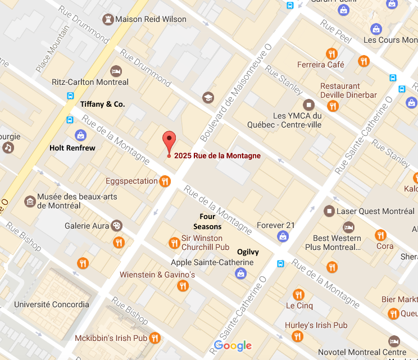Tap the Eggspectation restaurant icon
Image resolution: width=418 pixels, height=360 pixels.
[165, 181]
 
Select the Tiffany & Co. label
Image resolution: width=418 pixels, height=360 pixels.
[102, 104]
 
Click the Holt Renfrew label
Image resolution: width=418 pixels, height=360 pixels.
[72, 148]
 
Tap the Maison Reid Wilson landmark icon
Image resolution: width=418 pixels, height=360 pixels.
[107, 20]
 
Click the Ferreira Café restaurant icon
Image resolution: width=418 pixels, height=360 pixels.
[331, 54]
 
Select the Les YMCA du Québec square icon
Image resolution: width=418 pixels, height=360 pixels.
[308, 104]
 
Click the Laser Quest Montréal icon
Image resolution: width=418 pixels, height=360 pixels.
[329, 211]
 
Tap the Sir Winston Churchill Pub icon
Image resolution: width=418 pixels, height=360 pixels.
[174, 243]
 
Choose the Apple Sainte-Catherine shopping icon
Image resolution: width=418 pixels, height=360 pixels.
[240, 274]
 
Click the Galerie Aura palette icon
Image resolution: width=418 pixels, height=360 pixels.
[117, 226]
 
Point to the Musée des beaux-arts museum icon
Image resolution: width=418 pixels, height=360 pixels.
[29, 201]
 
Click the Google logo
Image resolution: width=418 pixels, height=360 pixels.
[233, 346]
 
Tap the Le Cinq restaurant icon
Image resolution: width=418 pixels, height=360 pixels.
[298, 294]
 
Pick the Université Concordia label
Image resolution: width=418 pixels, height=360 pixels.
[52, 304]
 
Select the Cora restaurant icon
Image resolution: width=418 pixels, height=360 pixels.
[380, 236]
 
